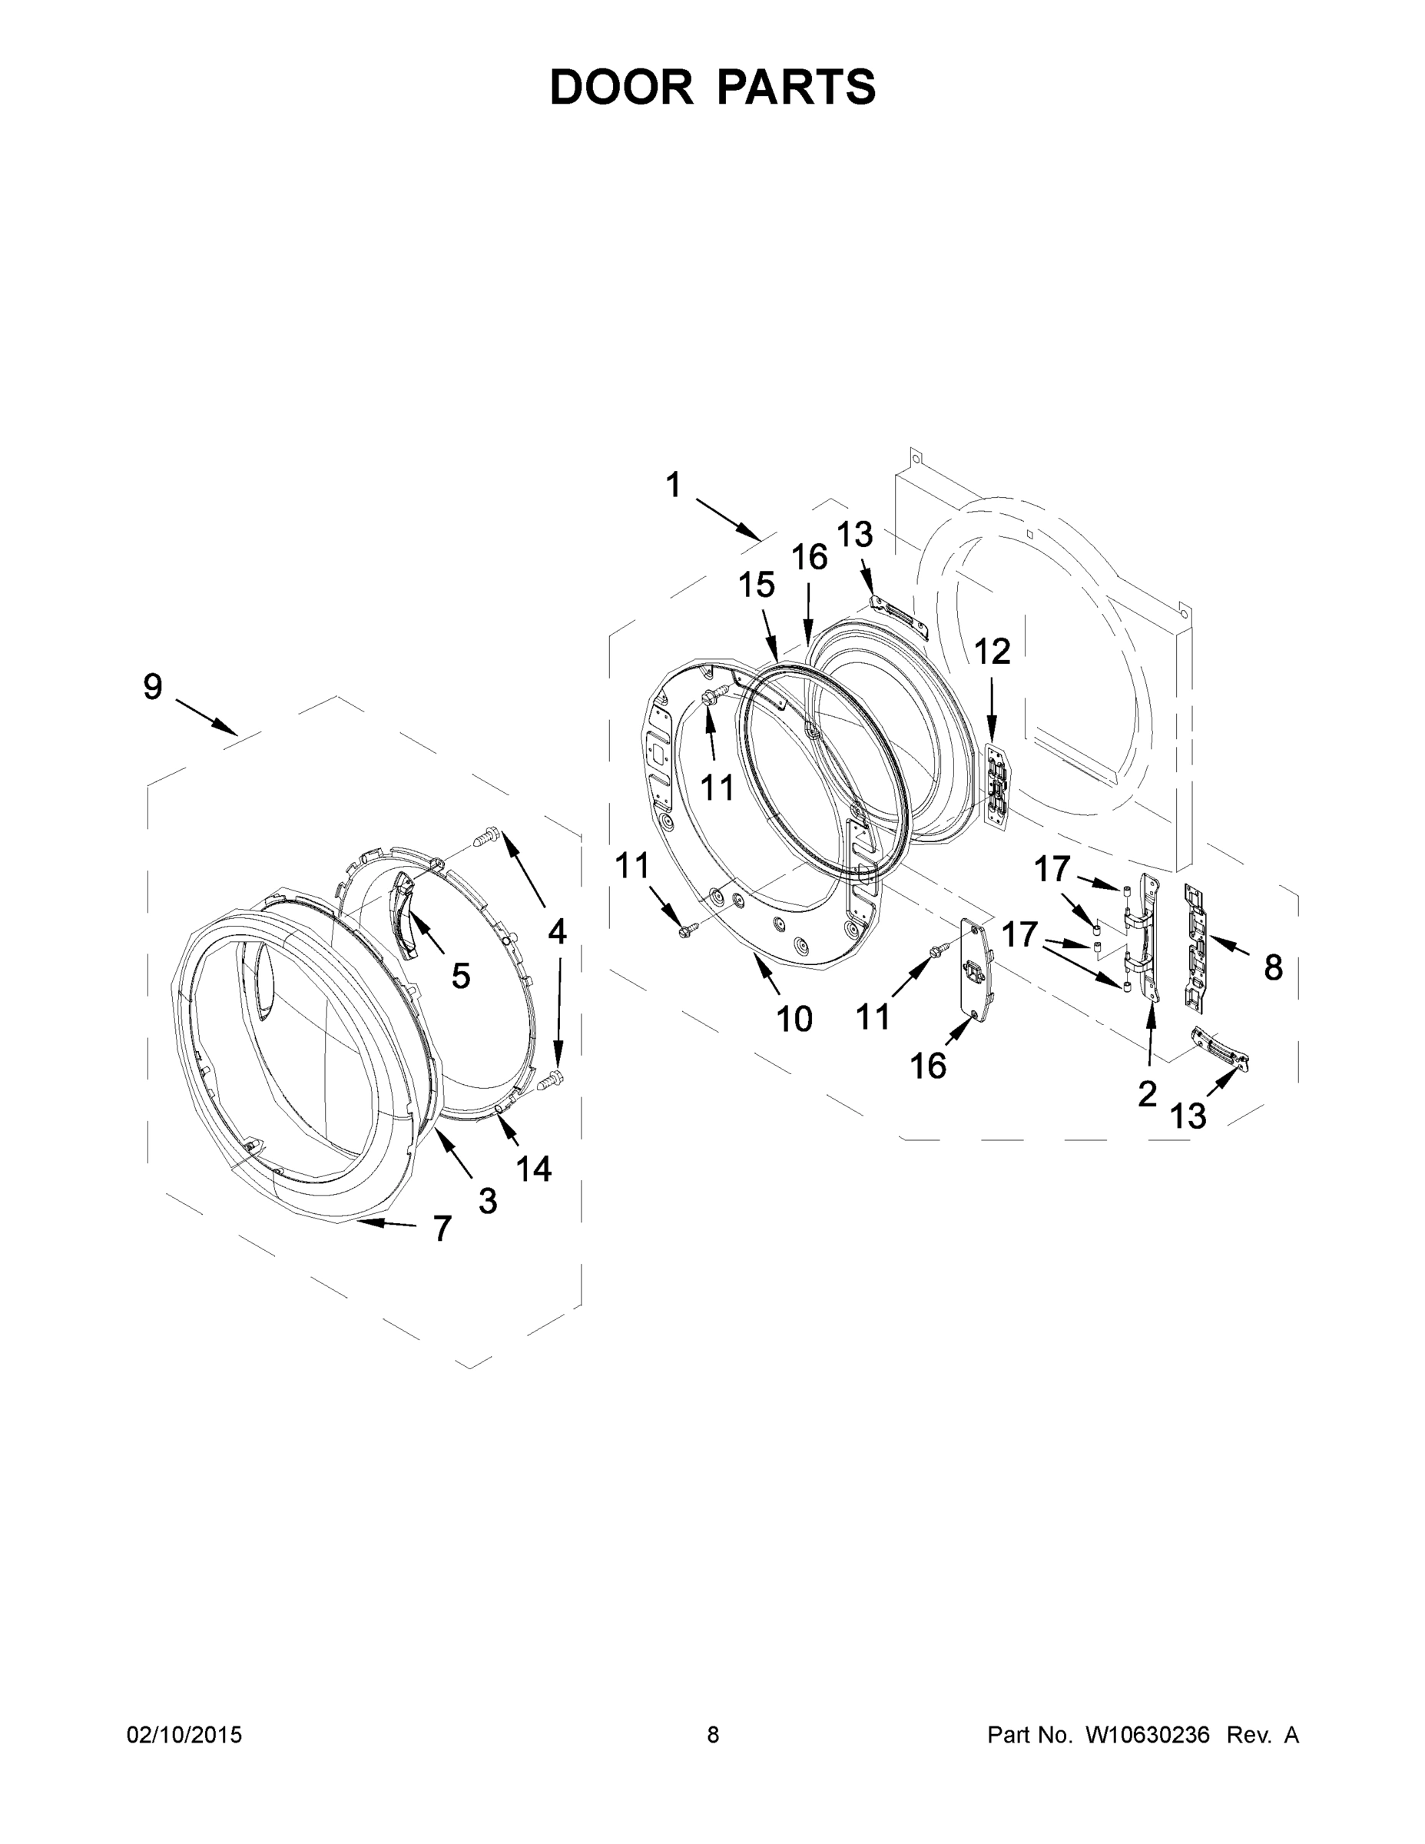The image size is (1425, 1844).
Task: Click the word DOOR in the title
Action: click(x=621, y=87)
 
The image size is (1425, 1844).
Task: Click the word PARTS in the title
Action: click(x=796, y=87)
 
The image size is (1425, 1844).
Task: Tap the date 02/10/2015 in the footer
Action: click(x=184, y=1734)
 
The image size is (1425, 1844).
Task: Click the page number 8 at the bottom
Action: click(x=713, y=1734)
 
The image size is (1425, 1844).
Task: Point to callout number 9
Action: click(x=153, y=686)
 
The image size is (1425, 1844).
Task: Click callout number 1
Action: click(x=673, y=486)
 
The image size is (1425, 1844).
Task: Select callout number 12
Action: click(x=992, y=651)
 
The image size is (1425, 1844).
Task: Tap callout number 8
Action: click(x=1273, y=967)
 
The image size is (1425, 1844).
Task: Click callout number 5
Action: click(x=461, y=976)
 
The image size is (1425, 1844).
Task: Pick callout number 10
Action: click(x=794, y=1019)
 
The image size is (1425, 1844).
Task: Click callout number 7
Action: click(x=442, y=1229)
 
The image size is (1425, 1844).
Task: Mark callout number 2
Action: click(x=1146, y=1094)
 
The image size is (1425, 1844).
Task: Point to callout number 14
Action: click(x=534, y=1169)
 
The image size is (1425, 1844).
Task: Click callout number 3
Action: click(x=488, y=1201)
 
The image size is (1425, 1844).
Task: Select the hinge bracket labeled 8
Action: click(x=1196, y=947)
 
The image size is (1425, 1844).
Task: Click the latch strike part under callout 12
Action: click(x=997, y=786)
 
